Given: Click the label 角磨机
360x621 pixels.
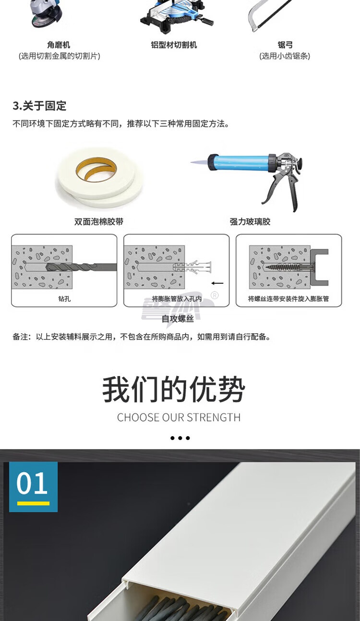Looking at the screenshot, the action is (x=59, y=45).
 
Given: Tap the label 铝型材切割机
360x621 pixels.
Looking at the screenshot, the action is (x=174, y=45).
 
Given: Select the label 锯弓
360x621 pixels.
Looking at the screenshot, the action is (x=285, y=45).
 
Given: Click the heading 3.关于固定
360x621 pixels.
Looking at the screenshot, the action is (x=39, y=106).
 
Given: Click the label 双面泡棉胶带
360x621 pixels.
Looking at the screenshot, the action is (x=99, y=221).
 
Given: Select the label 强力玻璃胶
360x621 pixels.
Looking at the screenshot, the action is (x=250, y=221).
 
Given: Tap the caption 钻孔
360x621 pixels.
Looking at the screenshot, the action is (x=64, y=299).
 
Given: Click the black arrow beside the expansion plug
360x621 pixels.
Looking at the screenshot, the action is (x=217, y=283).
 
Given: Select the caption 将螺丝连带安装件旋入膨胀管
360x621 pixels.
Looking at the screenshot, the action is (x=288, y=299).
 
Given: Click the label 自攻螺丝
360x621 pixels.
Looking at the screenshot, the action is (x=178, y=319).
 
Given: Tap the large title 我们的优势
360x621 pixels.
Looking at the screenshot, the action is (x=174, y=389).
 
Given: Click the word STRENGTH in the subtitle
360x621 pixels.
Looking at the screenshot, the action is (x=214, y=417).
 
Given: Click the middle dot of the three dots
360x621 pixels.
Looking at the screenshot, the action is (x=180, y=438).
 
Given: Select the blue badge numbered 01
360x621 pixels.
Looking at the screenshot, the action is (x=33, y=487).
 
